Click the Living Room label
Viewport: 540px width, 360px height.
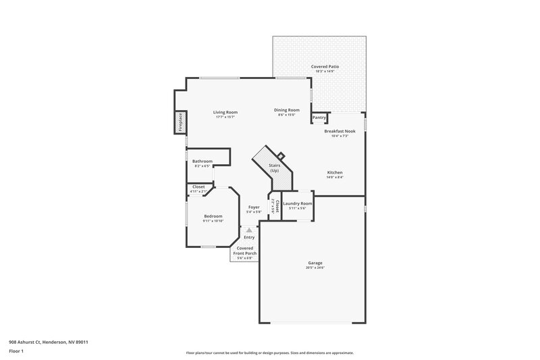coord(225,112)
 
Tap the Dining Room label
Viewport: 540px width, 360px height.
coord(287,110)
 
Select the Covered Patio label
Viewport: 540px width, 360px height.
coord(325,67)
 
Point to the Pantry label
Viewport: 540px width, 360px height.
coord(319,118)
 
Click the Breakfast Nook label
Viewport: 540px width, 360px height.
coord(340,131)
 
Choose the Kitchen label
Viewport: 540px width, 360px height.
coord(335,172)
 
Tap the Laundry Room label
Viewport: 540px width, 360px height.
coord(297,203)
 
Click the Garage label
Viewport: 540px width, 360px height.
coord(315,263)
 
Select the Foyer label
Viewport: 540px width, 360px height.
coord(254,207)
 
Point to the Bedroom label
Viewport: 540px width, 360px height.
coord(213,216)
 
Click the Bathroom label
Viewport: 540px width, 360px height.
coord(202,161)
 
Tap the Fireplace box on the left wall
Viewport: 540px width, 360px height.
coord(181,123)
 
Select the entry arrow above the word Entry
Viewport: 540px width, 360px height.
coord(249,230)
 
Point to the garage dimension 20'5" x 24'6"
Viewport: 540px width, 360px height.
coord(315,268)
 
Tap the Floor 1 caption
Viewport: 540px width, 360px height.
coord(17,351)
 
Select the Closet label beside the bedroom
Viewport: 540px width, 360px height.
coord(198,186)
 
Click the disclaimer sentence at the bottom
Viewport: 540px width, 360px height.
coord(269,353)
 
